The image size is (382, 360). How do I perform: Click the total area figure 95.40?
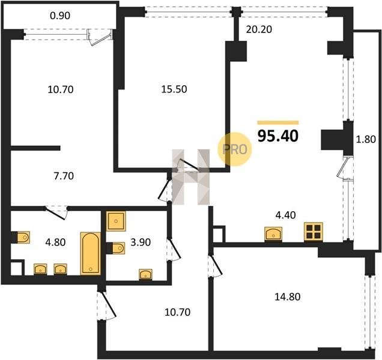pos(278,136)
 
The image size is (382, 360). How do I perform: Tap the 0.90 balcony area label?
pos(60,16)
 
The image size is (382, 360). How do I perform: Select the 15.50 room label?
pos(174,89)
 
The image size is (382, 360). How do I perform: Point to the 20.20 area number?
pos(259,29)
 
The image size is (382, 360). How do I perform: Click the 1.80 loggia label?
pos(366,139)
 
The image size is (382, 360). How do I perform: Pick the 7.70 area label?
pos(64,176)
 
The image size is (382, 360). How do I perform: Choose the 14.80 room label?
pos(288,297)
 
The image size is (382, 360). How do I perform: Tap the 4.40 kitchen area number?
pos(285,215)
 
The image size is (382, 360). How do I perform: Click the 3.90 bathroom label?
pos(141,242)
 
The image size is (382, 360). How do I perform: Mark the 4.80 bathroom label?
pos(55,242)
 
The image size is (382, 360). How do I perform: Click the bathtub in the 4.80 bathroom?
pos(91,253)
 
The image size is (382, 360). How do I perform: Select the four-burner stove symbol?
pos(314,232)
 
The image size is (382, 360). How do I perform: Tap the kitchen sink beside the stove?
pos(273,234)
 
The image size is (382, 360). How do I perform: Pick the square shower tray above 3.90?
pos(116,221)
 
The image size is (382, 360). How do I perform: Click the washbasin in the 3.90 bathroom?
pos(145,275)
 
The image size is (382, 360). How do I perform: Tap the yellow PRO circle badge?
pos(234,149)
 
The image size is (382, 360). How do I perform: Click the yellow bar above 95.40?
pos(278,122)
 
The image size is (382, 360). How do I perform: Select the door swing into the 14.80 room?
pos(216,265)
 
